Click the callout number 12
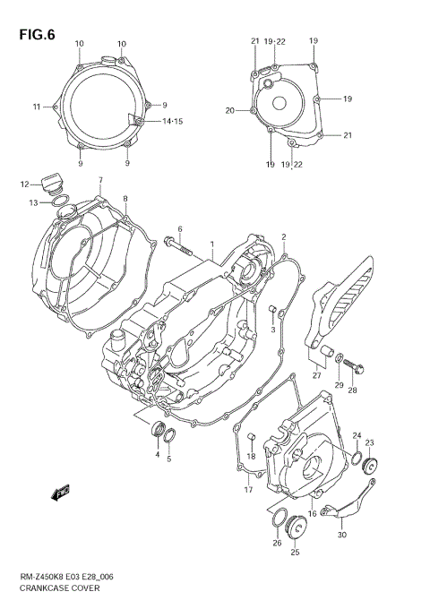pyautogui.click(x=24, y=185)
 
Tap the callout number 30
pyautogui.click(x=342, y=535)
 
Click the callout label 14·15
pyautogui.click(x=172, y=121)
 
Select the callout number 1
pyautogui.click(x=211, y=244)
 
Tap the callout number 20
pyautogui.click(x=229, y=111)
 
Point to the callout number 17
pyautogui.click(x=248, y=489)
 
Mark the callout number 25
pyautogui.click(x=294, y=553)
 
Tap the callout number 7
pyautogui.click(x=100, y=180)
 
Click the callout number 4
pyautogui.click(x=157, y=455)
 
